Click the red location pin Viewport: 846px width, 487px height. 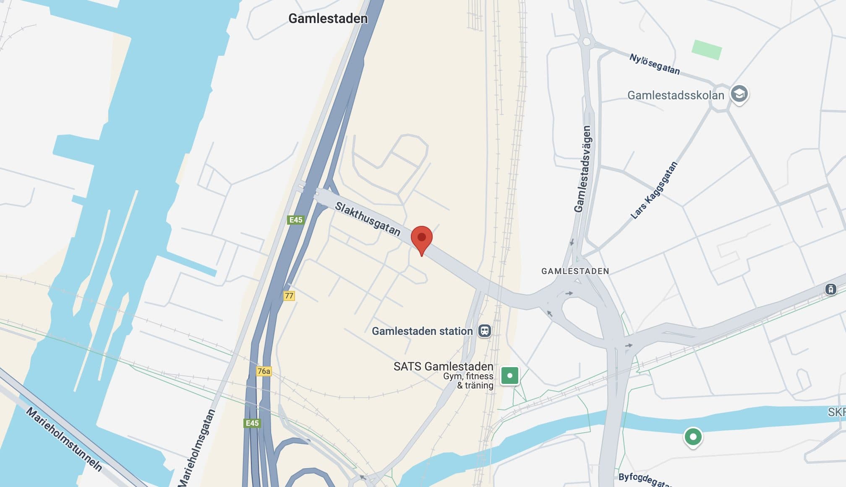click(x=421, y=238)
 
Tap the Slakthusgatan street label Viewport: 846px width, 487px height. click(x=368, y=219)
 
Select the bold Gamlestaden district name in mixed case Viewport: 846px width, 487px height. click(x=328, y=18)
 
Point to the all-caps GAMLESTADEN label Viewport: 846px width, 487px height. click(x=575, y=271)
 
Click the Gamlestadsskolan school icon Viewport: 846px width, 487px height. click(x=739, y=94)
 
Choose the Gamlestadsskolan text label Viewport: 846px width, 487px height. click(x=676, y=96)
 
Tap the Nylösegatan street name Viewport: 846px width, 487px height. click(x=654, y=64)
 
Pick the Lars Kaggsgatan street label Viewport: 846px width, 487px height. click(x=654, y=190)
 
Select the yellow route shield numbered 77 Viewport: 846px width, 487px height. click(x=289, y=296)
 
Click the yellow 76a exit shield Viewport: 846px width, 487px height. click(x=264, y=371)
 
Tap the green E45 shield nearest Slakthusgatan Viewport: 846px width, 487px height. click(x=296, y=220)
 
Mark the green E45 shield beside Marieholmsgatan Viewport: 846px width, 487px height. click(x=252, y=423)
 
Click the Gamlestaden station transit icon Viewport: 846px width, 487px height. click(x=485, y=331)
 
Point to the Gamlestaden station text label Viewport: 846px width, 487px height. click(x=422, y=331)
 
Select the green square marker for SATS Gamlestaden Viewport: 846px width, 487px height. click(x=510, y=376)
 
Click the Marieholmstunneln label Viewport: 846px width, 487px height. click(x=64, y=439)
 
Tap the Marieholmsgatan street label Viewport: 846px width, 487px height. click(x=197, y=448)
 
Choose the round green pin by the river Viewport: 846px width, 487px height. click(x=693, y=437)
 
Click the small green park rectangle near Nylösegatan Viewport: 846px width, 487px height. click(x=707, y=49)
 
